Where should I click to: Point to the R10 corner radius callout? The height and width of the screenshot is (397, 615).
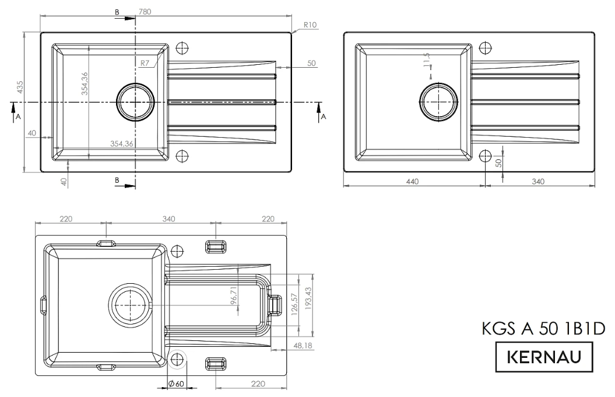pos(310,25)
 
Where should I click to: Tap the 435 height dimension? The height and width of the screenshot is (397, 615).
pos(19,88)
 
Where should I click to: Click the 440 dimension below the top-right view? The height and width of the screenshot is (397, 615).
pos(412,182)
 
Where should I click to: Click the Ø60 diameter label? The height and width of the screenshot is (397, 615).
pos(176,384)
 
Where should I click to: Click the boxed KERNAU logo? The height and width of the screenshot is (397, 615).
pos(544,356)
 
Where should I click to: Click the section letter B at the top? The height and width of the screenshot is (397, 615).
pos(117,12)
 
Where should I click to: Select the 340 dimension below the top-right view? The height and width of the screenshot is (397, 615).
pos(537,182)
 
